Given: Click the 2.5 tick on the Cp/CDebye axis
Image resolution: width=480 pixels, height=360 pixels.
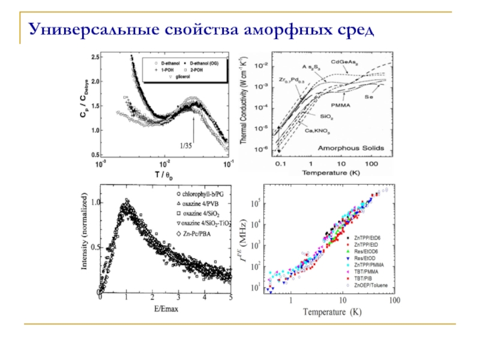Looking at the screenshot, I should pyautogui.click(x=95, y=56).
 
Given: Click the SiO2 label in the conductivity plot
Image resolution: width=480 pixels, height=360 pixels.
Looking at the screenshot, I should pyautogui.click(x=326, y=118).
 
